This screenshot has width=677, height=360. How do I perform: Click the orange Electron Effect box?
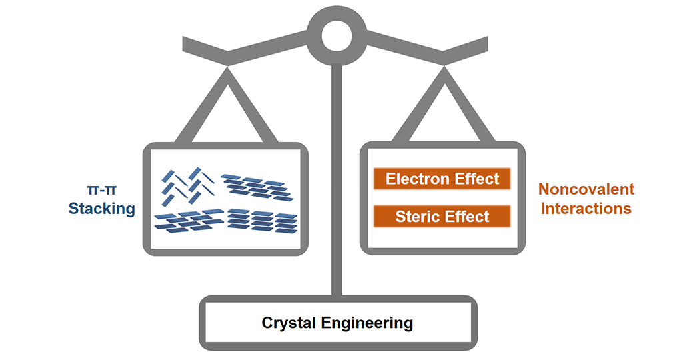442,179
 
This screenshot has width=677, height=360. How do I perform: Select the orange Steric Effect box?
442,216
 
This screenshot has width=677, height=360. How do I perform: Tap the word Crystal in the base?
289,323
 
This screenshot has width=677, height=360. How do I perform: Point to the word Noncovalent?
586,189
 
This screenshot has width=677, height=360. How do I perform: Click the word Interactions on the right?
586,209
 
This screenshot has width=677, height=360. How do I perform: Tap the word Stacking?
102,209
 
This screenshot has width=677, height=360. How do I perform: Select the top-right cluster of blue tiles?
257,186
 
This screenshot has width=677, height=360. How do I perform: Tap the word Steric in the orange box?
416,216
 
